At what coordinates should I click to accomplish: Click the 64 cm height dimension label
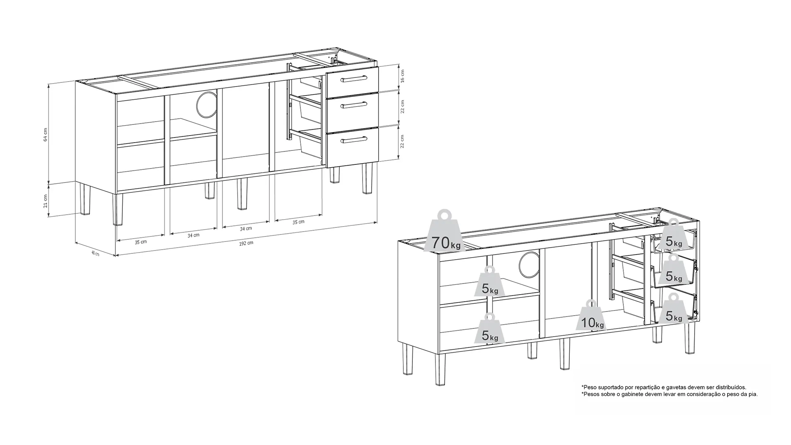[x=46, y=135]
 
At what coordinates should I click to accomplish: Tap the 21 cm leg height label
[x=46, y=201]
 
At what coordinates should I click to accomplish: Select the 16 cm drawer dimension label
[x=403, y=76]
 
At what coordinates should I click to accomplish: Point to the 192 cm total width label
[x=246, y=243]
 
